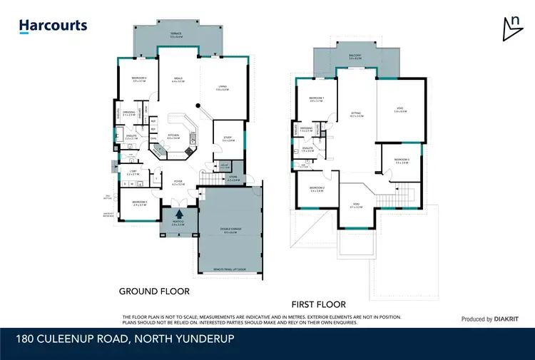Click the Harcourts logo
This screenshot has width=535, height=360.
[x=53, y=26]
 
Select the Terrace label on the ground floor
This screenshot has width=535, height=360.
[x=175, y=34]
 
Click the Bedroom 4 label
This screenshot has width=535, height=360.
[x=139, y=79]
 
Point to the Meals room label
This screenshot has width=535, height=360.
[x=178, y=80]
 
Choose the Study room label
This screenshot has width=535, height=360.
[x=228, y=140]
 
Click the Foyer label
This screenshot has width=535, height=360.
[x=178, y=182]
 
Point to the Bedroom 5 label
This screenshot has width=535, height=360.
[x=139, y=203]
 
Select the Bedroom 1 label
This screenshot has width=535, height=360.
[x=317, y=99]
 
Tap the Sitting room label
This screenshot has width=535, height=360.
[x=357, y=113]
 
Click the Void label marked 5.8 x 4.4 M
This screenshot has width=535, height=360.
[x=401, y=110]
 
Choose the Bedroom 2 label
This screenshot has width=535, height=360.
[x=317, y=189]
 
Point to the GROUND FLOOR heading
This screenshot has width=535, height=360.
[x=156, y=291]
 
